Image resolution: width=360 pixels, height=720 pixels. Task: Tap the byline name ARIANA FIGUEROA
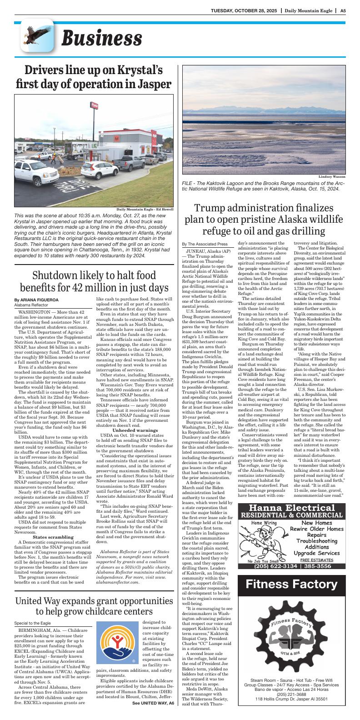(35, 300)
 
